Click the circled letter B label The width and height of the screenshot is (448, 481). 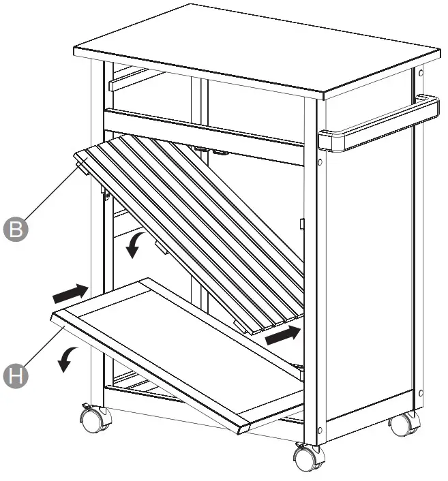pos(16,228)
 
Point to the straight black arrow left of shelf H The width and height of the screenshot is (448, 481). pos(71,294)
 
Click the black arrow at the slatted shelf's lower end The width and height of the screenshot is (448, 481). pos(282,335)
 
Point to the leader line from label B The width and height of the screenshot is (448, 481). pos(51,198)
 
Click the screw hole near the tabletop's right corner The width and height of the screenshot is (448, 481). pos(421,72)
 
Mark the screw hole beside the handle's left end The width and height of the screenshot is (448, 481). pos(318,162)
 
